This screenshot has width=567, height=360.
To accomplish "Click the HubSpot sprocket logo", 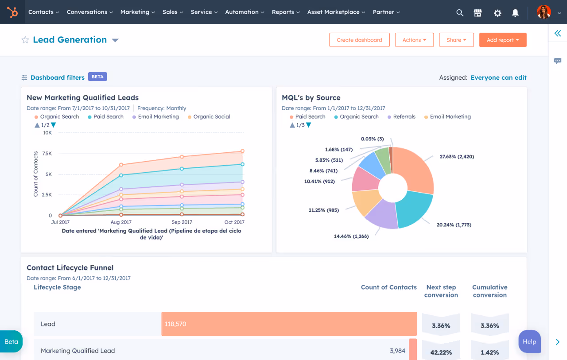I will [x=12, y=12].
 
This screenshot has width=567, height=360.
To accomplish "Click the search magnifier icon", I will [x=460, y=13].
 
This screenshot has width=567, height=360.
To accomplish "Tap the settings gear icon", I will [x=497, y=13].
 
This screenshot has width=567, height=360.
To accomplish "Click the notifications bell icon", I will [x=515, y=13].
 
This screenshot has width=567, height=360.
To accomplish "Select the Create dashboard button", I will [x=359, y=40].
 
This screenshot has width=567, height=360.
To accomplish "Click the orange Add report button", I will [x=503, y=40].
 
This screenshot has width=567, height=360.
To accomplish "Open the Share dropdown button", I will [x=456, y=40].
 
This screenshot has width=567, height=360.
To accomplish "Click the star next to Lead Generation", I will [x=25, y=40].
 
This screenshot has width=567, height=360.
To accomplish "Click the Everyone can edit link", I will [x=498, y=77].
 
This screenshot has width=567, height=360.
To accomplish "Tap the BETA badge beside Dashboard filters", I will [x=97, y=77].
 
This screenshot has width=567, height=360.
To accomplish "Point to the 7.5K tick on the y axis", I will [x=47, y=153].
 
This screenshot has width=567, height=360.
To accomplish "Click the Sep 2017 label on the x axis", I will [x=182, y=222].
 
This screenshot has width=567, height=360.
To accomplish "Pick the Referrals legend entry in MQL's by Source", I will [x=404, y=117].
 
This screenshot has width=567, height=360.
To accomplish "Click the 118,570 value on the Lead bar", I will [x=176, y=324].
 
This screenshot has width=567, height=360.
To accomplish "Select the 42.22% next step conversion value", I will [x=441, y=352].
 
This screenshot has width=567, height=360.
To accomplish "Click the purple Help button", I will [x=529, y=341].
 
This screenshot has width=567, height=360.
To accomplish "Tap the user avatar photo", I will [x=544, y=12].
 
